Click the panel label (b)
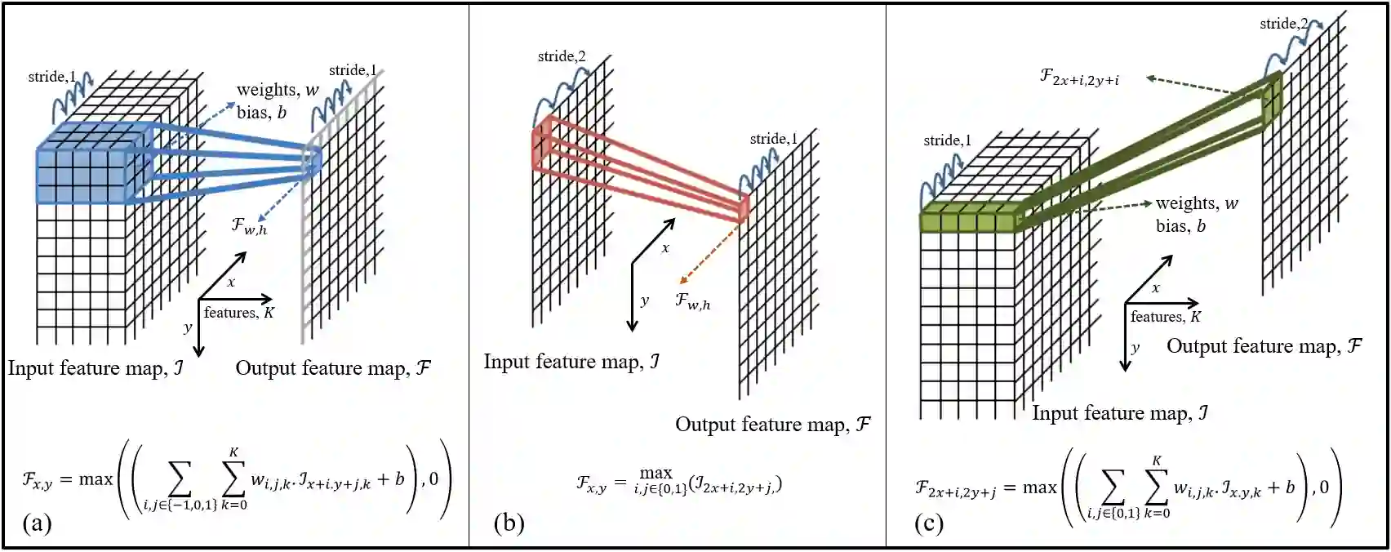coord(509,523)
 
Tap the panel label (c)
coord(929,523)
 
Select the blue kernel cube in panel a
coord(90,167)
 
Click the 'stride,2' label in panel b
coord(561,56)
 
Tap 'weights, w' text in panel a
coord(278,90)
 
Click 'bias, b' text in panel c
coord(1180,225)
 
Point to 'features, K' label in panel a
coord(238,313)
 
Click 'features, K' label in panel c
coord(1165,317)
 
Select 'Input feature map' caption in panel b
coord(571,362)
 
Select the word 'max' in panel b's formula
coord(656,473)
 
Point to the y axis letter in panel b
coord(645,300)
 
